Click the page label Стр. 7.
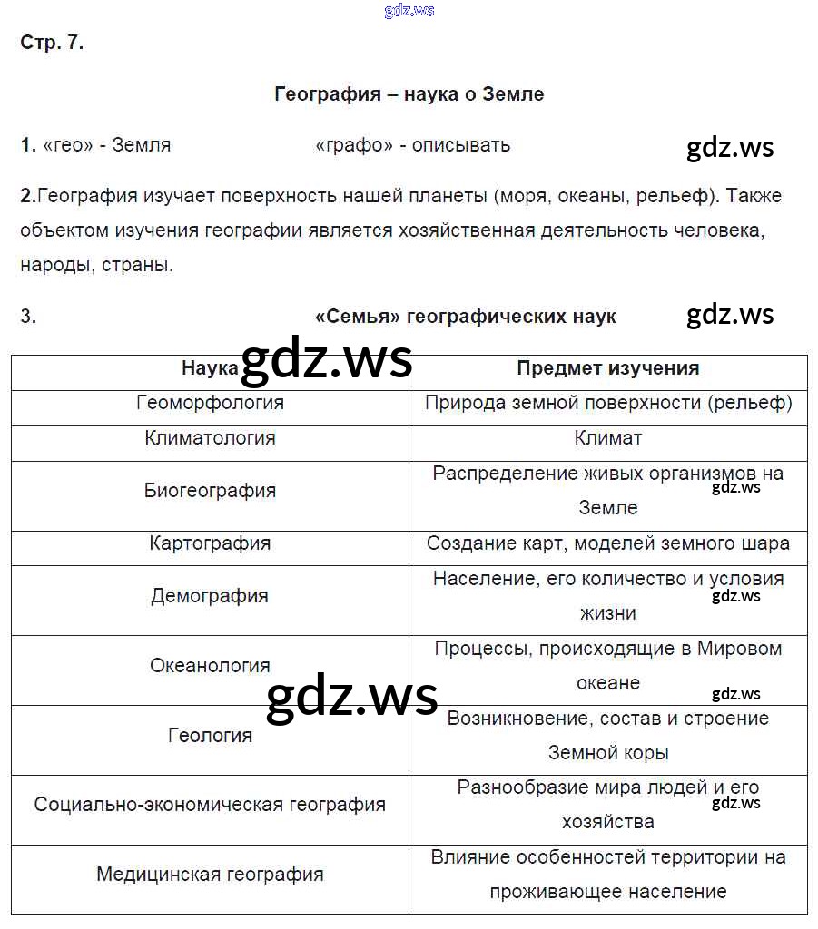pyautogui.click(x=52, y=43)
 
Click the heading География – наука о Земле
pyautogui.click(x=409, y=94)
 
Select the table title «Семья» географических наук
pyautogui.click(x=465, y=317)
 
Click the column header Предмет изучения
pyautogui.click(x=607, y=368)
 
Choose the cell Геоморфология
pyautogui.click(x=210, y=403)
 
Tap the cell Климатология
pyautogui.click(x=210, y=438)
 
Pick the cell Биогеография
pyautogui.click(x=210, y=491)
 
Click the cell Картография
pyautogui.click(x=210, y=543)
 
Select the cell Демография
pyautogui.click(x=210, y=596)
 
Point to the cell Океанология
pyautogui.click(x=210, y=666)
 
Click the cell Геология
pyautogui.click(x=210, y=736)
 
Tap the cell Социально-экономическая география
pyautogui.click(x=210, y=805)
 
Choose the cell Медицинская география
pyautogui.click(x=210, y=875)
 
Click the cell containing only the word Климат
pyautogui.click(x=607, y=438)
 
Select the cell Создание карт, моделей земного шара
pyautogui.click(x=607, y=543)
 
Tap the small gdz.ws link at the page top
pyautogui.click(x=409, y=10)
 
